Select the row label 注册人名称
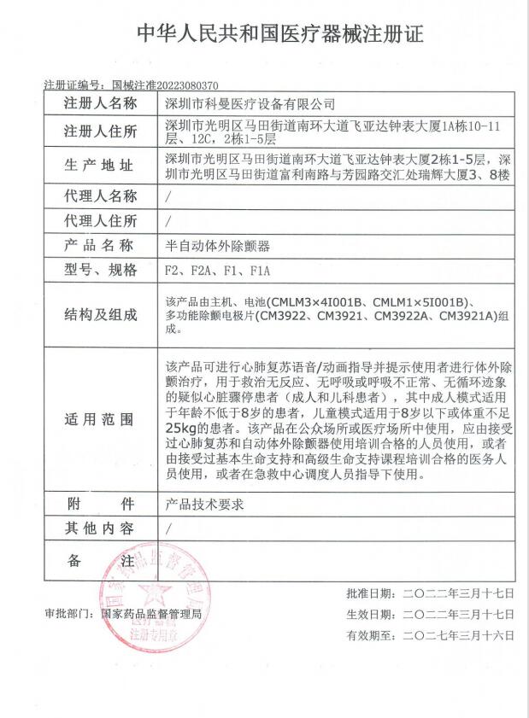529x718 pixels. tap(100, 104)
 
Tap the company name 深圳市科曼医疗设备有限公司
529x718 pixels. tap(250, 104)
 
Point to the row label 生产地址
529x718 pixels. tap(100, 166)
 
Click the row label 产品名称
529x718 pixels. tap(100, 246)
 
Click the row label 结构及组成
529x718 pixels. tap(100, 315)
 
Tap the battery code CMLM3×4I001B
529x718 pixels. tap(317, 302)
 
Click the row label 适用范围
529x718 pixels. tap(100, 420)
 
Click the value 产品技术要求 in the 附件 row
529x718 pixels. tap(203, 505)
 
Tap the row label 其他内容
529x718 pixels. tap(100, 528)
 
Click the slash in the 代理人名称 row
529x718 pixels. tap(168, 196)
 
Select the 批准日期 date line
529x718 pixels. tap(430, 592)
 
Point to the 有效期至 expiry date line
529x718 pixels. tap(430, 635)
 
